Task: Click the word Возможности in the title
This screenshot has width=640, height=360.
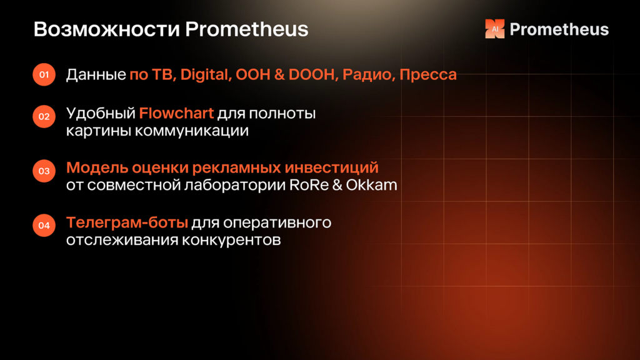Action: tap(107, 29)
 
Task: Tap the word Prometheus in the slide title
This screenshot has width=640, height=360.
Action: tap(246, 29)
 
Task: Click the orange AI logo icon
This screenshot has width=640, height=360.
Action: tap(495, 29)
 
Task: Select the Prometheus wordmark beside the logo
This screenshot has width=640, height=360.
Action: tap(559, 29)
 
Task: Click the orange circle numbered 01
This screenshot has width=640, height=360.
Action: tap(44, 75)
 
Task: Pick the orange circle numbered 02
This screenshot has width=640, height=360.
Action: tap(44, 117)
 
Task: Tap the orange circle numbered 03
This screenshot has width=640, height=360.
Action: tap(44, 171)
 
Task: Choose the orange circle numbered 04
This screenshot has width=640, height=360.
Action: tap(44, 225)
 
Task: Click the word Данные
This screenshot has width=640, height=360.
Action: tap(96, 75)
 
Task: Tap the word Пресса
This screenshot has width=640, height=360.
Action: tap(428, 75)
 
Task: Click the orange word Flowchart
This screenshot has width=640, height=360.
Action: tap(176, 113)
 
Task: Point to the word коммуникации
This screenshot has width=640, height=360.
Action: tap(192, 131)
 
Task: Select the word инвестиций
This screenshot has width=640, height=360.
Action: tap(331, 167)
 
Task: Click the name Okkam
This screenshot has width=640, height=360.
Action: tap(371, 185)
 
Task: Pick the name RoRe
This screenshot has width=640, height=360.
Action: tap(309, 185)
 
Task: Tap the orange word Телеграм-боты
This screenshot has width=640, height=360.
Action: tap(127, 222)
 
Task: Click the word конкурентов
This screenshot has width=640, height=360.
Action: tap(231, 240)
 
